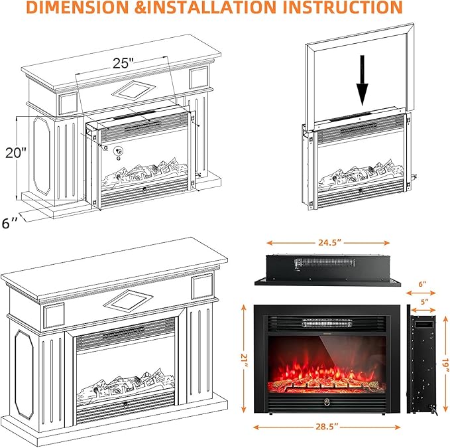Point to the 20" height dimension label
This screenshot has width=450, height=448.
click(15, 152)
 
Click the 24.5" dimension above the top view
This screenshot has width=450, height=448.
click(328, 243)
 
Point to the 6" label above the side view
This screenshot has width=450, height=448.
click(423, 283)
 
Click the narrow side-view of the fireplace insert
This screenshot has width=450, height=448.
click(422, 362)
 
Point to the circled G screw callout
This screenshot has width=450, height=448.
click(117, 151)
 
